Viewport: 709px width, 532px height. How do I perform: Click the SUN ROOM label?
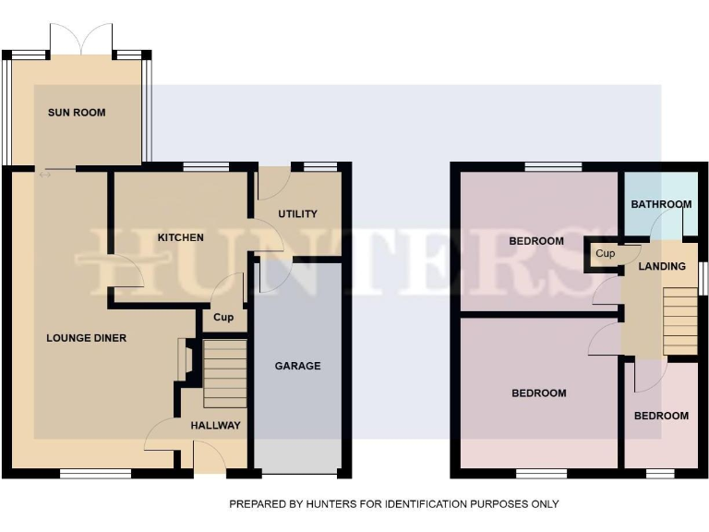coord(77,113)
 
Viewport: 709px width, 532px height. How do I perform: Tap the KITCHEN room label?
coord(180,237)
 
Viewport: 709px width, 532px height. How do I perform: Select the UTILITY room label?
coord(297,214)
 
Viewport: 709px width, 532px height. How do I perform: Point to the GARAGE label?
coord(297,366)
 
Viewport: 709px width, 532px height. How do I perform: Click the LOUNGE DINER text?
coord(86,338)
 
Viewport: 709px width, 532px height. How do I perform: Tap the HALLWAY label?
coord(215,426)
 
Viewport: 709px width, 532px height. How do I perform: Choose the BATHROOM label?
coord(661,204)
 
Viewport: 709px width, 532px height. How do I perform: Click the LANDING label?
coord(662,267)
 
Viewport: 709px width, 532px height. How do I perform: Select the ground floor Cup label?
coord(223,318)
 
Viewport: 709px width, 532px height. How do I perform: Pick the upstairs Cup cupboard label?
coord(606,254)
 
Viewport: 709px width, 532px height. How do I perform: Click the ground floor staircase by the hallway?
coord(224,373)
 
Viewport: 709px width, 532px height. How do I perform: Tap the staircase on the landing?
coord(680,320)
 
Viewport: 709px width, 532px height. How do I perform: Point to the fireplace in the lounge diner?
coord(184,359)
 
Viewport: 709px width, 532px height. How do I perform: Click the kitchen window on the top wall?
coord(206,167)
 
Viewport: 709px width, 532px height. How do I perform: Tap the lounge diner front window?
coord(95,474)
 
